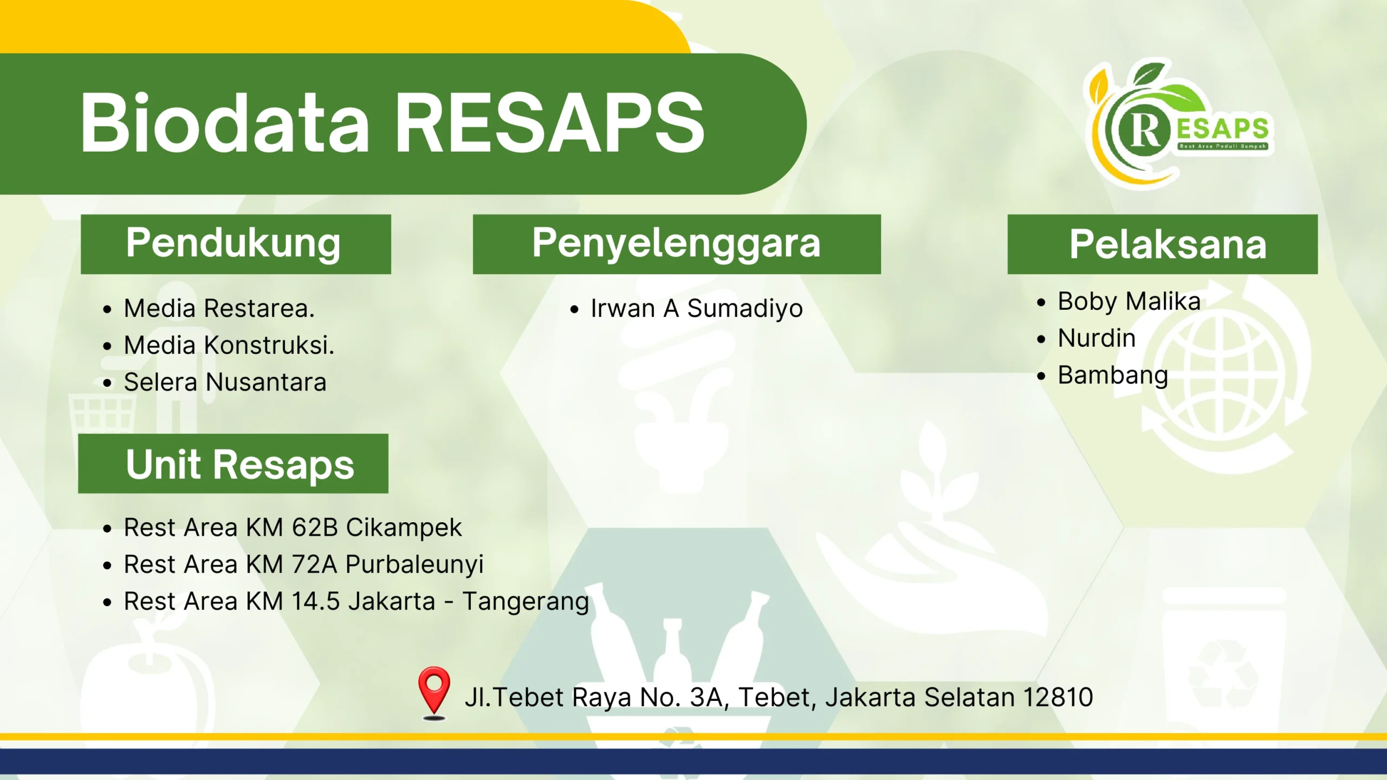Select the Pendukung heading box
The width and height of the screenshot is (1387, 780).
point(236,244)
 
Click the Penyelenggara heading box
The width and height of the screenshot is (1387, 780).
point(677,244)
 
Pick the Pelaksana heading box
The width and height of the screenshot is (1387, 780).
point(1163,244)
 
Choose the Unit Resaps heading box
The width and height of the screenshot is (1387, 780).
point(233,464)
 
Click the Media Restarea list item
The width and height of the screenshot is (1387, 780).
point(219,308)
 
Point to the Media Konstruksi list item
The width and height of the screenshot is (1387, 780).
point(229,345)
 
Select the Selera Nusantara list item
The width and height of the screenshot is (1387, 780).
point(225,382)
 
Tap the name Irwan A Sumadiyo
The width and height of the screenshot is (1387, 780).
point(697,309)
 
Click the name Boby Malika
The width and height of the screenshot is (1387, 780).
point(1129,302)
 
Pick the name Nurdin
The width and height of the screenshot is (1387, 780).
point(1097,338)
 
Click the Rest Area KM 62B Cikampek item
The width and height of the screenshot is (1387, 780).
point(293,527)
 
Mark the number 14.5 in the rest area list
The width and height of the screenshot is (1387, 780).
point(315,601)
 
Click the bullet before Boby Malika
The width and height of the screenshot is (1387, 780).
point(1041,302)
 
